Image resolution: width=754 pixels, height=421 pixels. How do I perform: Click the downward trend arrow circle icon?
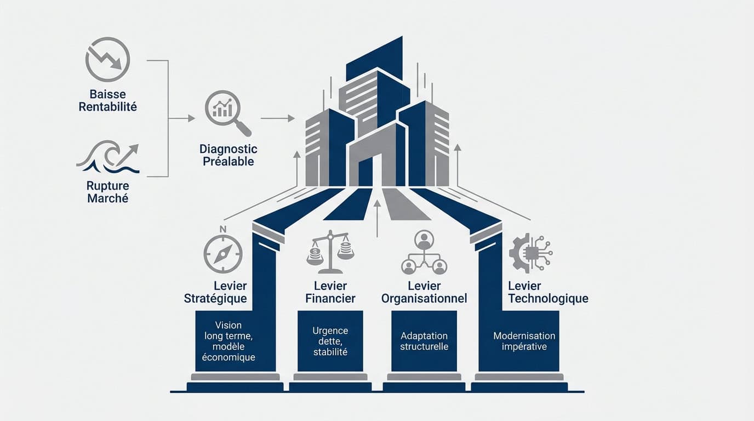(108, 59)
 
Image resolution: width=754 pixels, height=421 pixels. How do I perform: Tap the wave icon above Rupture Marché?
(108, 157)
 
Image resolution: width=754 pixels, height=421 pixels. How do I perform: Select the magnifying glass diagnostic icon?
(228, 113)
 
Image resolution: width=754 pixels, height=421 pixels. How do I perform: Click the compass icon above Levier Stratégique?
(223, 254)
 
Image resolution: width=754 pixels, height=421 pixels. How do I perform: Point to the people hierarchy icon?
(424, 252)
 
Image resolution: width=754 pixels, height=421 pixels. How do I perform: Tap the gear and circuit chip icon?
(530, 253)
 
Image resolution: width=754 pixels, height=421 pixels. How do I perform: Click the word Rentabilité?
(108, 107)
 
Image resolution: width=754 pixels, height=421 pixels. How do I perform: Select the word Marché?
(108, 198)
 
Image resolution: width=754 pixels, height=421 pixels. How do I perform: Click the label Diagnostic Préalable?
(228, 155)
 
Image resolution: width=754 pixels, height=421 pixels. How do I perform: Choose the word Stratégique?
(215, 298)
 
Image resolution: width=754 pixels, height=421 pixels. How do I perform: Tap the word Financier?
(330, 298)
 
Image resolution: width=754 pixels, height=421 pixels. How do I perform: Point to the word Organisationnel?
(424, 298)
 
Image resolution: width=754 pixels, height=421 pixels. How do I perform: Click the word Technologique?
(549, 298)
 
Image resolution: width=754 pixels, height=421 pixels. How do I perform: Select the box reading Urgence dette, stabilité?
(330, 341)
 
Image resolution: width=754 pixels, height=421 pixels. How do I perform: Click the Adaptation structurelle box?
(424, 341)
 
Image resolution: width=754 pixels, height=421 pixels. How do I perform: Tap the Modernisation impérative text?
(524, 341)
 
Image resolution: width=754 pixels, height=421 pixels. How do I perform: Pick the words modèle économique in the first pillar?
(229, 351)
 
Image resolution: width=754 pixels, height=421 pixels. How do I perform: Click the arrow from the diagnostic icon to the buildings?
(278, 118)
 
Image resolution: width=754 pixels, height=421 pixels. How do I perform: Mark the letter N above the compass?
(223, 229)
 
